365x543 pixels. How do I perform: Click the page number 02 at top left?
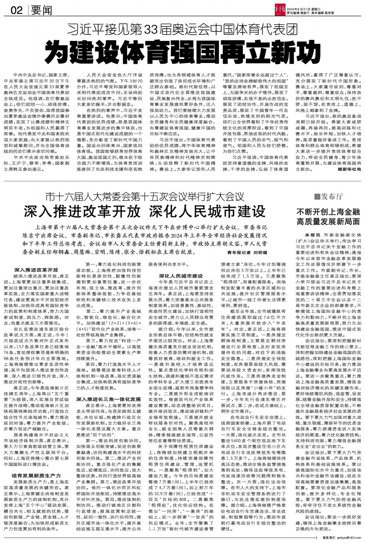pyautogui.click(x=17, y=10)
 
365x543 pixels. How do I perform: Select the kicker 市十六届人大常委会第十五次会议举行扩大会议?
pyautogui.click(x=145, y=196)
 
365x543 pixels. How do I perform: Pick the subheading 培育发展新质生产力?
pyautogui.click(x=36, y=475)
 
